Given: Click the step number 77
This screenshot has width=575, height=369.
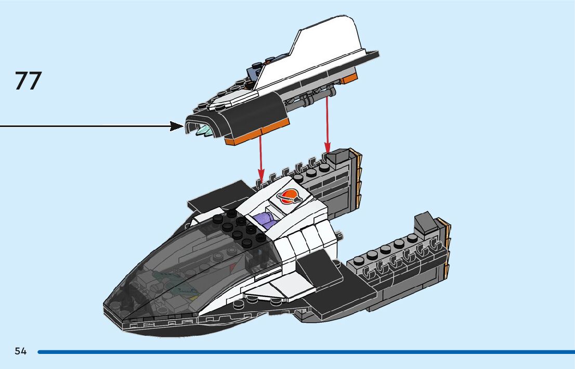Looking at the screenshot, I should click(28, 81).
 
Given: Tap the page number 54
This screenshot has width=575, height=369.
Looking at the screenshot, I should click(20, 351).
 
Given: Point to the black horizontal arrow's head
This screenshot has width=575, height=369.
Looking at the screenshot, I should click(177, 126).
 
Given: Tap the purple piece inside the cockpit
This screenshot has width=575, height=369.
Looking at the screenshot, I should click(264, 219).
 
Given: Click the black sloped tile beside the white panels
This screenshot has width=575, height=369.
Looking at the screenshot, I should click(318, 269).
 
